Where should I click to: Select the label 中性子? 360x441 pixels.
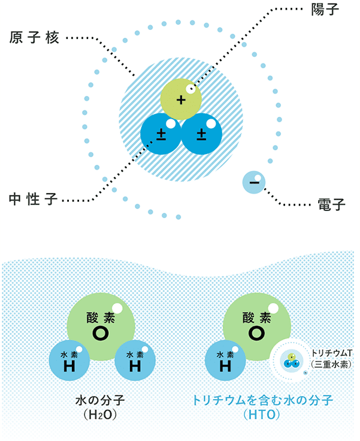click(x=35, y=199)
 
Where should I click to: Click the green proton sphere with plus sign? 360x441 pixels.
click(x=180, y=97)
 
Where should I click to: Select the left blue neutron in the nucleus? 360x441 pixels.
click(x=161, y=134)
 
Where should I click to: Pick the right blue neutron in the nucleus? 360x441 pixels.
click(x=201, y=134)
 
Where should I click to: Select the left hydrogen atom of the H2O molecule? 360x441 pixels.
click(x=69, y=361)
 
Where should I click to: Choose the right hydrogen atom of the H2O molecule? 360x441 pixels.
click(x=134, y=361)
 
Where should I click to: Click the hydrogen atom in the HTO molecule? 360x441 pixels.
click(x=225, y=361)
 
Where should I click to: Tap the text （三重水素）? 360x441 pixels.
click(x=331, y=364)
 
